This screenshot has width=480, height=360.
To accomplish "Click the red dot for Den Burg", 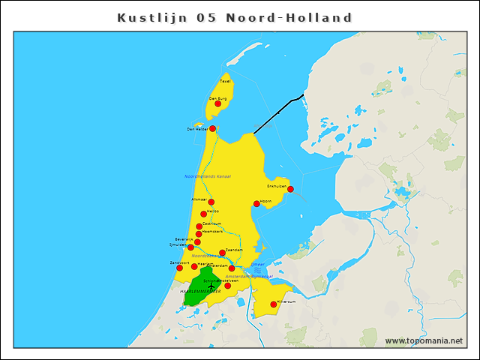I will pyautogui.click(x=218, y=103).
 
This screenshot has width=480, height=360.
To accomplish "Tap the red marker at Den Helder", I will pyautogui.click(x=212, y=128).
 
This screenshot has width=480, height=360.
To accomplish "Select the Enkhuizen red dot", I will pyautogui.click(x=290, y=189).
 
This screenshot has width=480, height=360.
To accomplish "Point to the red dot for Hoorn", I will pyautogui.click(x=256, y=203).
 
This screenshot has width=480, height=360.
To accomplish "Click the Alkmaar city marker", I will pyautogui.click(x=211, y=202).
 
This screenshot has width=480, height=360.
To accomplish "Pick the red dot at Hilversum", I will pyautogui.click(x=273, y=304).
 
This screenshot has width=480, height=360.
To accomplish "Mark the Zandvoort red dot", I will pyautogui.click(x=180, y=268).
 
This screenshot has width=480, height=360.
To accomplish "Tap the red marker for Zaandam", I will pyautogui.click(x=222, y=253).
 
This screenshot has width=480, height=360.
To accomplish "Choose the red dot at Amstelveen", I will pyautogui.click(x=228, y=286).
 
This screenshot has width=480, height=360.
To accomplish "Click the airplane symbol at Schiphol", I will pyautogui.click(x=211, y=286).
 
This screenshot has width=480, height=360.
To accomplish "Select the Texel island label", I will pyautogui.click(x=225, y=81).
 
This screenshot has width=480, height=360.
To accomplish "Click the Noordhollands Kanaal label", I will pyautogui.click(x=207, y=176).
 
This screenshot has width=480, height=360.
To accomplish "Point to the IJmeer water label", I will pyautogui.click(x=257, y=265).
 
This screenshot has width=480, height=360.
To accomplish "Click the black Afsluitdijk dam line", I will pyautogui.click(x=277, y=112).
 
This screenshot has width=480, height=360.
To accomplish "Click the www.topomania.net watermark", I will pyautogui.click(x=424, y=341).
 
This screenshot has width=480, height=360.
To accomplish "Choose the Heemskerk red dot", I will pyautogui.click(x=199, y=234).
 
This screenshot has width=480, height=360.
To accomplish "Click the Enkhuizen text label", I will pyautogui.click(x=277, y=185).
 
